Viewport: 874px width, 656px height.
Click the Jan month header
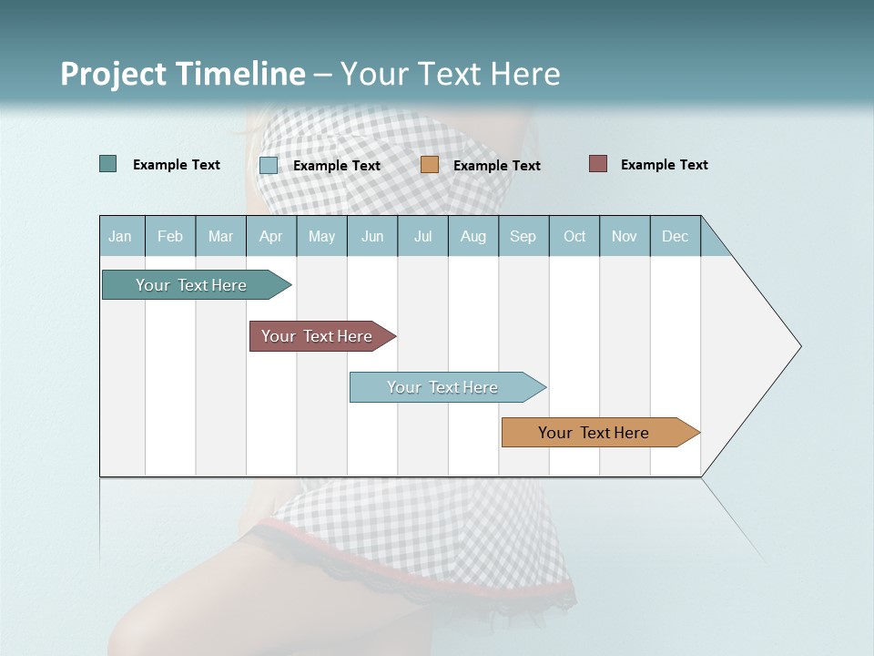pos(120,236)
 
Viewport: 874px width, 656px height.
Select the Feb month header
pos(170,236)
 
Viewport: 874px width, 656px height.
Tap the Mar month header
pos(220,236)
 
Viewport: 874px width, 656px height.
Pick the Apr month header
pos(271,236)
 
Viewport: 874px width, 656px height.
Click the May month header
pos(321,236)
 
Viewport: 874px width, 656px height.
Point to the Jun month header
pos(372,236)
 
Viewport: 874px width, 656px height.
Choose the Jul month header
pos(422,236)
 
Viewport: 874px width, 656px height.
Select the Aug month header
pos(473,236)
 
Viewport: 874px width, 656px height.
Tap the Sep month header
pos(523,236)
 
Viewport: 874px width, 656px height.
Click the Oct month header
pos(574,236)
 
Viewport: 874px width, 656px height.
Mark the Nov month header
pos(625,236)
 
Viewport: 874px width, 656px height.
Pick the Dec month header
pos(676,236)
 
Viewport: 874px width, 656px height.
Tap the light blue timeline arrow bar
pos(443,387)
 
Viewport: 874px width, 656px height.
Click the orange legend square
pos(430,165)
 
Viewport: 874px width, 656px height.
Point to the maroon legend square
pos(598,164)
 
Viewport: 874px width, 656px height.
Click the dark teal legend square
pos(108,164)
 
